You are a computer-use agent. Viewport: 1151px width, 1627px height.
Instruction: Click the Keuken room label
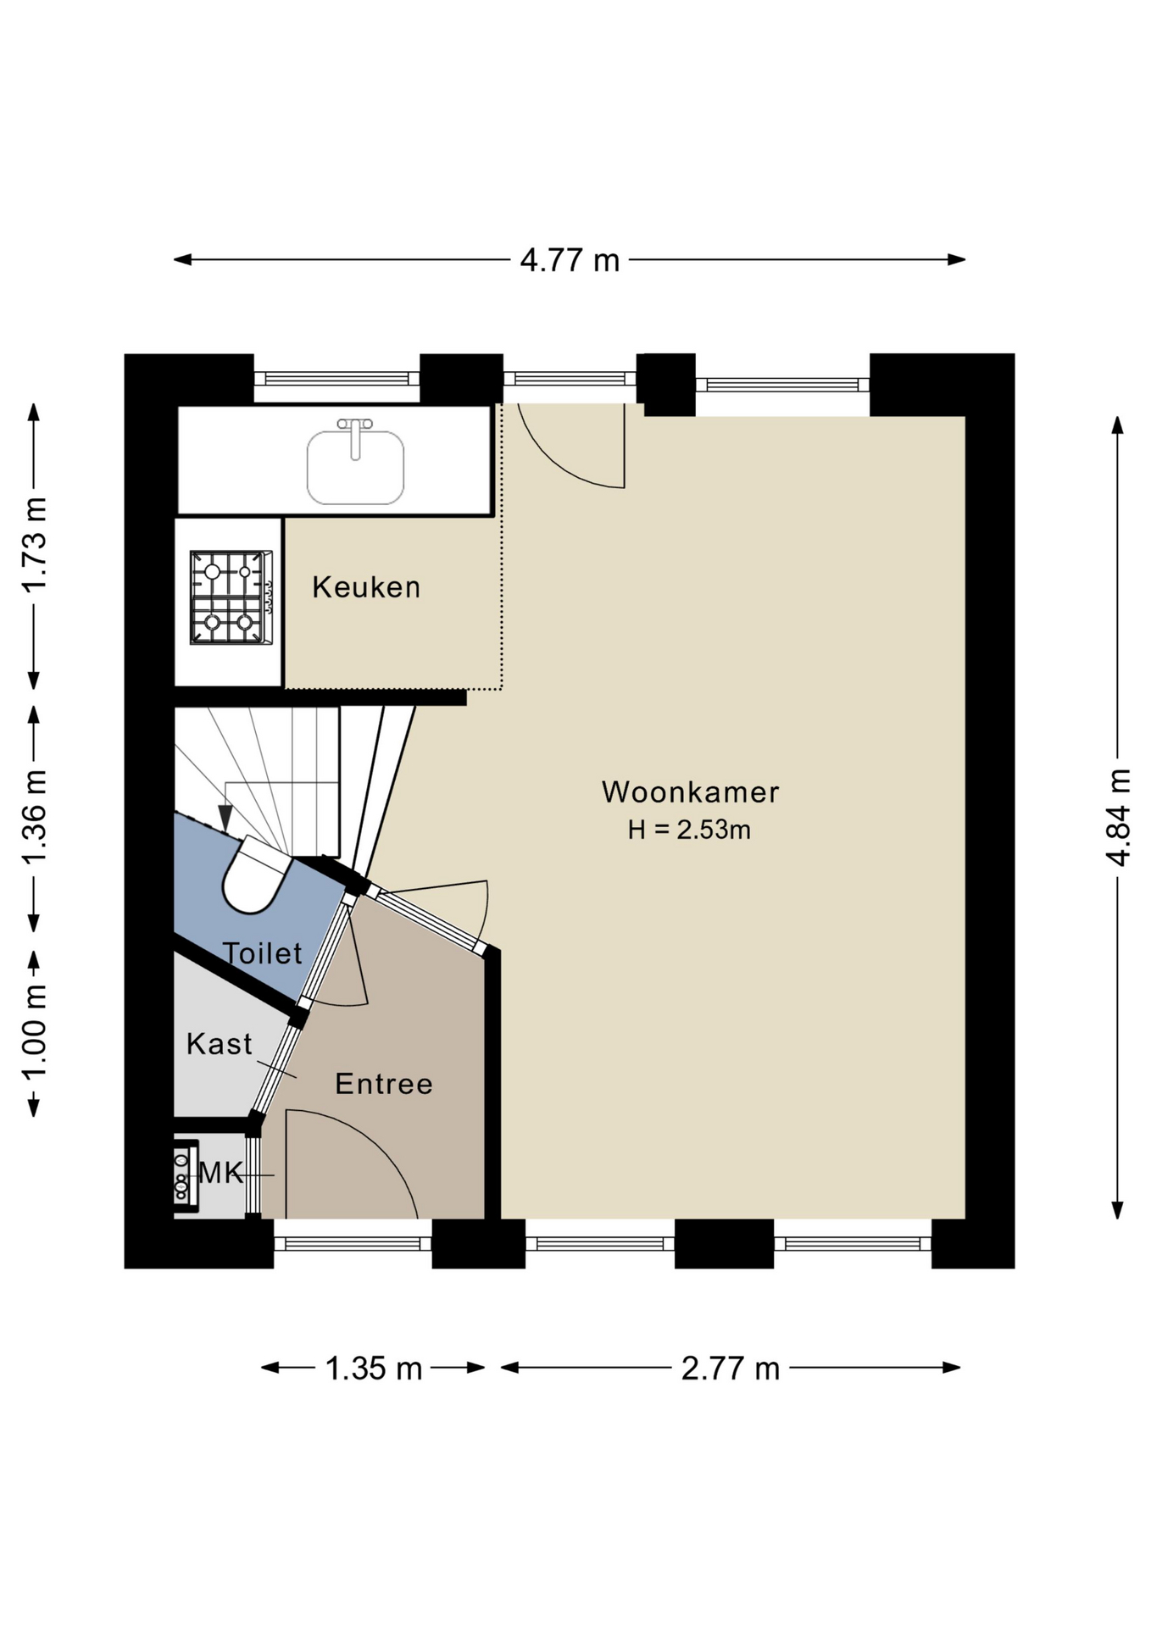tap(366, 587)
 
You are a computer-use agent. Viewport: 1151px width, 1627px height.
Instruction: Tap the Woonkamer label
tap(690, 791)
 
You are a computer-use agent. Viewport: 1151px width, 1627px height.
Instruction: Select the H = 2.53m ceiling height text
tap(689, 830)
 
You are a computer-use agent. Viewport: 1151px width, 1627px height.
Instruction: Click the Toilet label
tap(262, 953)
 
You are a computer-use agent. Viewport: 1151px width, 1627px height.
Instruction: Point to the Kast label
tap(220, 1044)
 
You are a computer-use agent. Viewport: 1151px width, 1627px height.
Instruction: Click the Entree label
tap(384, 1084)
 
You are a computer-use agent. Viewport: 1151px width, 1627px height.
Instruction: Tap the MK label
tap(220, 1173)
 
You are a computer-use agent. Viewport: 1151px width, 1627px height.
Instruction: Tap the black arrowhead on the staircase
tap(225, 817)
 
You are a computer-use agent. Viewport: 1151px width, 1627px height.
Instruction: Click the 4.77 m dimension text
tap(570, 260)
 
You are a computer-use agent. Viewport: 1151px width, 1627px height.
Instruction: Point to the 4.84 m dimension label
tap(1119, 817)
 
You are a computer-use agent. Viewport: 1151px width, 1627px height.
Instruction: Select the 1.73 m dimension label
tap(35, 545)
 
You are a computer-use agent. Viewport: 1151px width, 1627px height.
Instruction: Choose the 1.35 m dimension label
tap(374, 1369)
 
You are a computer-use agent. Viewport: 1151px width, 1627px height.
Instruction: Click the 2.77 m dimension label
tap(731, 1369)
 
